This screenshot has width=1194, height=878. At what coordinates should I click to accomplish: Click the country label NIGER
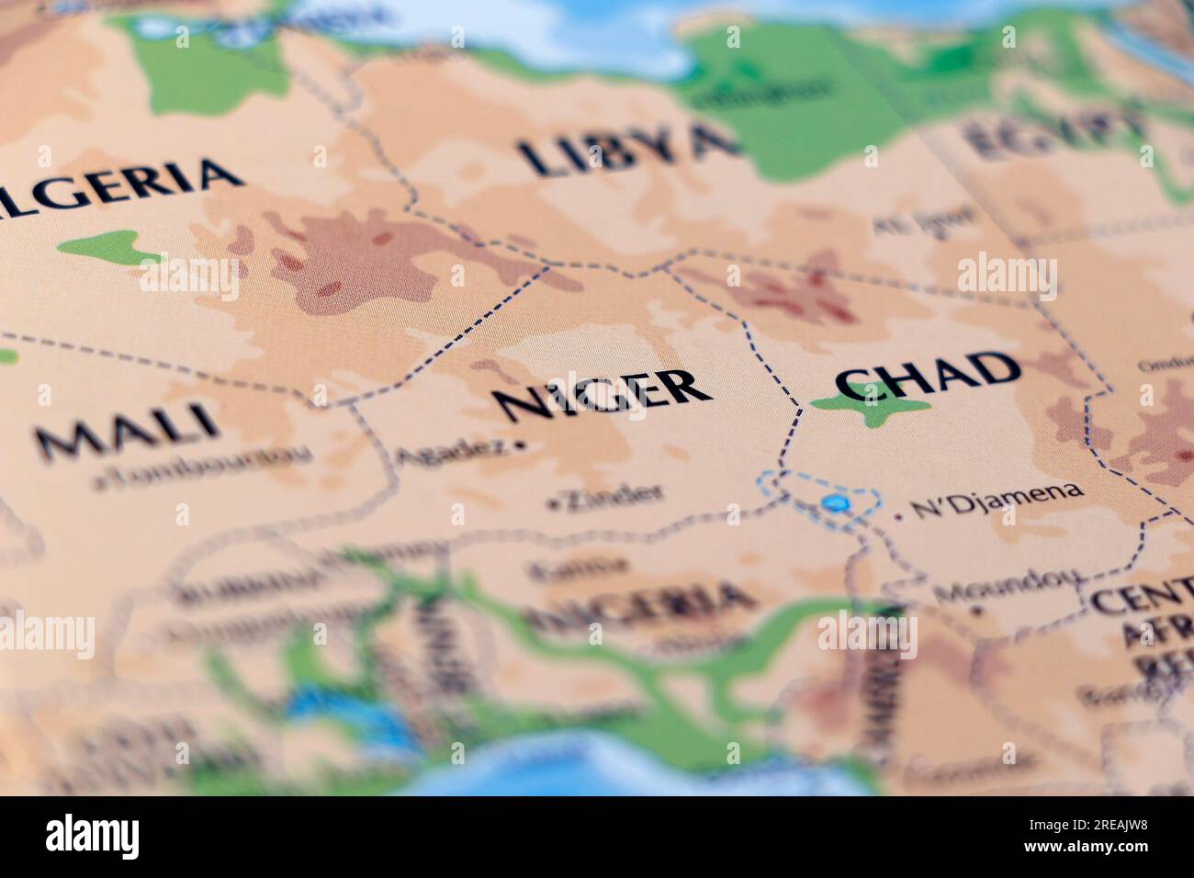point(602,395)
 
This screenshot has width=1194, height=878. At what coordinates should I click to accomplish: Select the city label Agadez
point(450,451)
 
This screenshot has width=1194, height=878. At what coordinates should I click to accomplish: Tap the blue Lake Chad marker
point(835,502)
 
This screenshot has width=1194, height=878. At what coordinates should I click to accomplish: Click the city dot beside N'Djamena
point(897,517)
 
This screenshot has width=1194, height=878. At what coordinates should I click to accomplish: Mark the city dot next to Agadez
point(521,445)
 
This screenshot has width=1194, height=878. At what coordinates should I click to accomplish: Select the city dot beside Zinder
point(551,504)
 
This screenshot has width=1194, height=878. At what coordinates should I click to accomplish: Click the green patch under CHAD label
point(873,409)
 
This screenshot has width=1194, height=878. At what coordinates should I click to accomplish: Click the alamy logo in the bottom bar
point(93,837)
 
